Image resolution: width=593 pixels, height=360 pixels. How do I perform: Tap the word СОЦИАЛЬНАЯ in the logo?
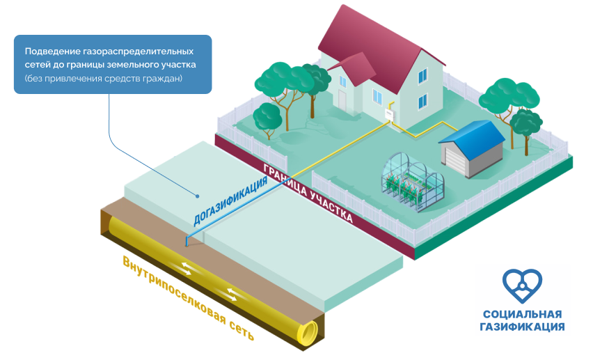[x=523, y=314]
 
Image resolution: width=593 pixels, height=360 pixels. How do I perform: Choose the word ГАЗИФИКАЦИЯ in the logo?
[x=523, y=326]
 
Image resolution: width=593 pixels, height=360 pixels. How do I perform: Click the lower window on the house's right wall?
[x=422, y=104]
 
